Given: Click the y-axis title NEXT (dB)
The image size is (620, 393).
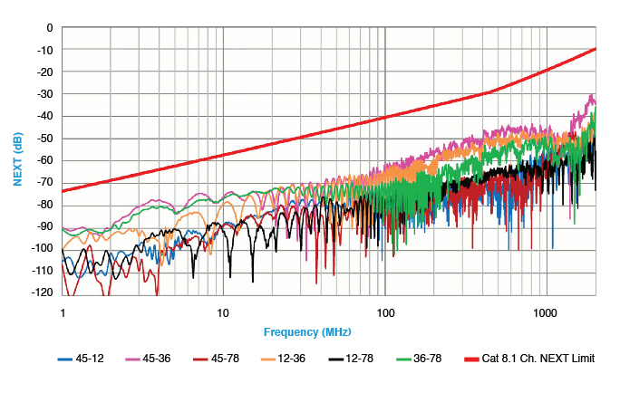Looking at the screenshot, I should tap(17, 160).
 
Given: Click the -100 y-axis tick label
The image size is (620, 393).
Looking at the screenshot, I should tap(41, 249).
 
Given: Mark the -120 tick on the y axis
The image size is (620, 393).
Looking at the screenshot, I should tap(41, 293).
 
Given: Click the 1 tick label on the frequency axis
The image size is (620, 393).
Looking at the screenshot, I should tap(63, 311).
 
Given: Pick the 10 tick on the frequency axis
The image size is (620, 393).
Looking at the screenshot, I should tap(223, 311).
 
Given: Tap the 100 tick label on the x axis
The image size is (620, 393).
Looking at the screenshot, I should tap(384, 311).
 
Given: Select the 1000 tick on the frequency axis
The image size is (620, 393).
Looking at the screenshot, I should tap(545, 311).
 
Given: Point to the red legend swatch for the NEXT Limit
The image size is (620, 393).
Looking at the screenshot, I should tap(479, 359).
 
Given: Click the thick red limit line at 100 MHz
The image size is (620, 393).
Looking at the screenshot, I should tap(384, 117).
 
